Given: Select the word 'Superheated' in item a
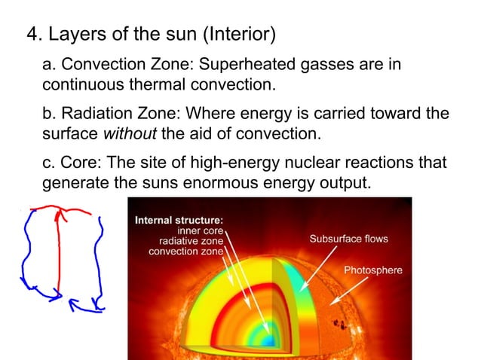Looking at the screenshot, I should coord(248,65).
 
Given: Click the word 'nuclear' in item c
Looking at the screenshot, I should coord(305,163).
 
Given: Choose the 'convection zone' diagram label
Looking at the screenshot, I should coord(186,251).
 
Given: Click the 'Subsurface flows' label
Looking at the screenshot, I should coord(348,239).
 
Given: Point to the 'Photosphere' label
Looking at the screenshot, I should coord(373,270).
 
